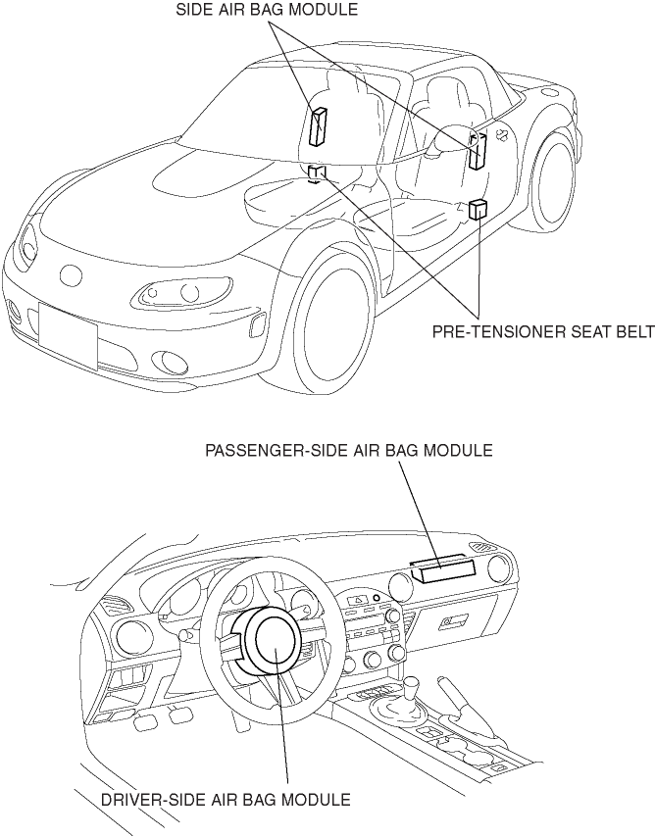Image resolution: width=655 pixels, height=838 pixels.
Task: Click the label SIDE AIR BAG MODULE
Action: pyautogui.click(x=267, y=11)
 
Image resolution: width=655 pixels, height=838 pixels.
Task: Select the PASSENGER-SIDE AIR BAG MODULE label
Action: pyautogui.click(x=348, y=451)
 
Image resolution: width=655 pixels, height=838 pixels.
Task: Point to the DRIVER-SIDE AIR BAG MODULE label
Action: pyautogui.click(x=225, y=800)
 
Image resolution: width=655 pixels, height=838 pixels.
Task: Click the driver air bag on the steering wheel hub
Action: pyautogui.click(x=279, y=642)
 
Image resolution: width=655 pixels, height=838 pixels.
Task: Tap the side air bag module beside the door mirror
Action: pyautogui.click(x=478, y=150)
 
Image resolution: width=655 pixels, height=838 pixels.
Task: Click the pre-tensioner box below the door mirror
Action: pyautogui.click(x=479, y=210)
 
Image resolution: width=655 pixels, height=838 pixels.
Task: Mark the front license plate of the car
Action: pyautogui.click(x=67, y=332)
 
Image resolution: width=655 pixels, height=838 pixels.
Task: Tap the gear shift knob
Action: pyautogui.click(x=413, y=680)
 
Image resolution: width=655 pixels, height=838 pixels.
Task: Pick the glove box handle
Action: pyautogui.click(x=453, y=620)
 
